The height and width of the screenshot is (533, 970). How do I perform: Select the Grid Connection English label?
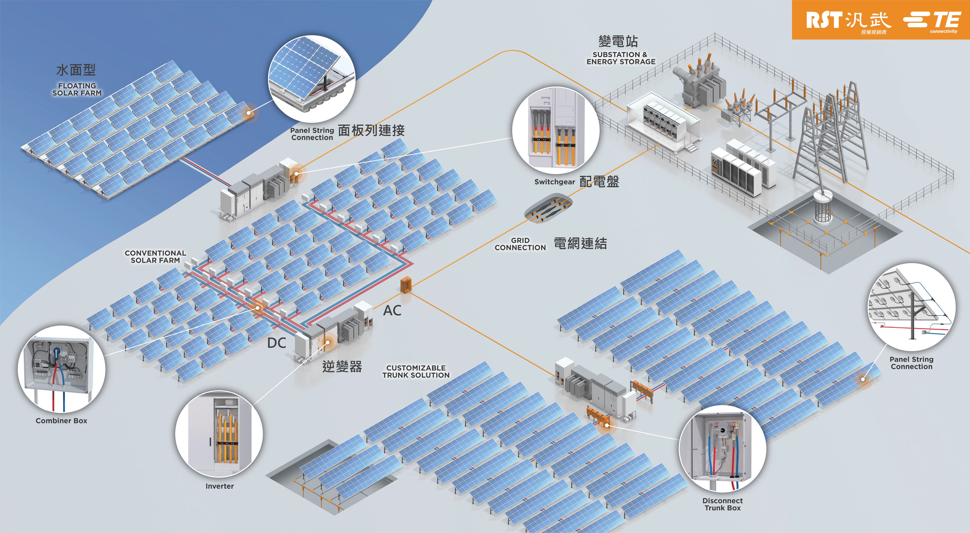click(x=520, y=244)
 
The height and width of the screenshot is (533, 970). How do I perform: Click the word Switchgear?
click(x=554, y=182)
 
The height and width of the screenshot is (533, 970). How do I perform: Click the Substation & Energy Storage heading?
click(x=621, y=58)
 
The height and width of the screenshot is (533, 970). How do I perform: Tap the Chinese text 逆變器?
click(x=342, y=366)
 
